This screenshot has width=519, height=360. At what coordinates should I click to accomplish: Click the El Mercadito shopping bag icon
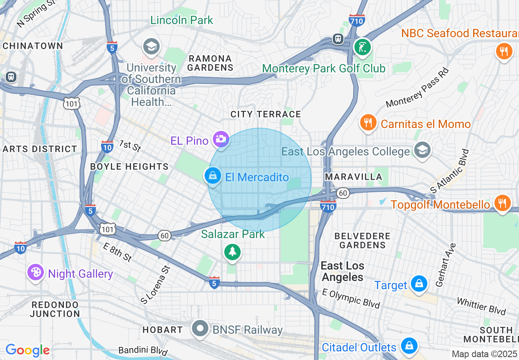pos(212,176)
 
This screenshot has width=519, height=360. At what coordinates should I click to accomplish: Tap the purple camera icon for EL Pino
pos(221,139)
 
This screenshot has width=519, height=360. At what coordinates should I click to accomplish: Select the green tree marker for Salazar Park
pos(232,252)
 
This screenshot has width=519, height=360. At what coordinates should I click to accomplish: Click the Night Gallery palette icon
pos(35,272)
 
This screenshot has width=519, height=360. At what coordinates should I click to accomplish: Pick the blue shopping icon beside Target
pos(419,284)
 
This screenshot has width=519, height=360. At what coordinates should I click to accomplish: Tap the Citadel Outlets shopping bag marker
pos(408,346)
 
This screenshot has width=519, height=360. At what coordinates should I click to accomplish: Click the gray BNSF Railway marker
pos(201,328)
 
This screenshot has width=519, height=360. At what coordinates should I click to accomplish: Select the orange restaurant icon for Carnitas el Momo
pos(368,122)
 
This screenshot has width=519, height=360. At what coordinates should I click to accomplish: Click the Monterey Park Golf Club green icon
pos(362,47)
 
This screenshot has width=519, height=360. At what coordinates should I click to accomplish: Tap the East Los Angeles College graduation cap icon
pos(422,150)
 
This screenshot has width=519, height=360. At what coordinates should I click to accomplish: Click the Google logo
pos(27,350)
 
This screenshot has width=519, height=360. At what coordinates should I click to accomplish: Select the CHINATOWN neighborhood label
pos(33,46)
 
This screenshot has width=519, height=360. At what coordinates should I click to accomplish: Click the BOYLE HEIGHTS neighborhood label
pos(129,166)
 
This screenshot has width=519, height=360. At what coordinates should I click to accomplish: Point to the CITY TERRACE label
pos(266,114)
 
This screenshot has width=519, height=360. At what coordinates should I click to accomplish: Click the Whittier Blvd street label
pos(481,306)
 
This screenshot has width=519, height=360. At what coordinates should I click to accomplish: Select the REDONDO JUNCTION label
pos(55,309)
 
